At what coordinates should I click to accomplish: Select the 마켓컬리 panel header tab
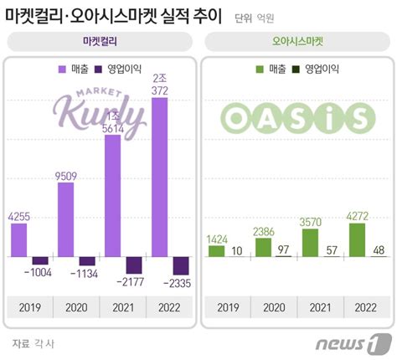click(x=101, y=40)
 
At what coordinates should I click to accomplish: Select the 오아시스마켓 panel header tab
click(x=297, y=40)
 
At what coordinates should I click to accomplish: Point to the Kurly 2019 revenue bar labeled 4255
click(x=19, y=239)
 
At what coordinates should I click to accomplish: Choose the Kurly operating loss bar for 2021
click(x=132, y=264)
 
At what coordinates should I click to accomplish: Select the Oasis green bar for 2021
click(x=311, y=242)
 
